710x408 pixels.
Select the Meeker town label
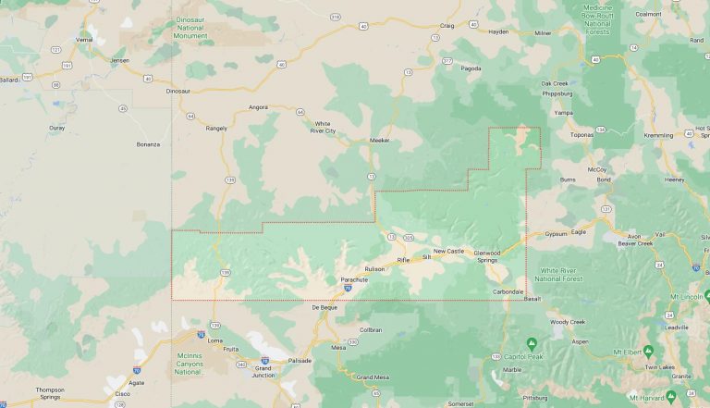pyautogui.click(x=380, y=141)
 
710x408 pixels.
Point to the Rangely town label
pyautogui.click(x=216, y=129)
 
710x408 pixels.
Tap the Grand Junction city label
pyautogui.click(x=264, y=372)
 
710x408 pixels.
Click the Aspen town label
pyautogui.click(x=580, y=341)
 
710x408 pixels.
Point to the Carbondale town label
pyautogui.click(x=508, y=291)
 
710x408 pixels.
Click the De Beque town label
pyautogui.click(x=324, y=307)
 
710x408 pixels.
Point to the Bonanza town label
pyautogui.click(x=148, y=144)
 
